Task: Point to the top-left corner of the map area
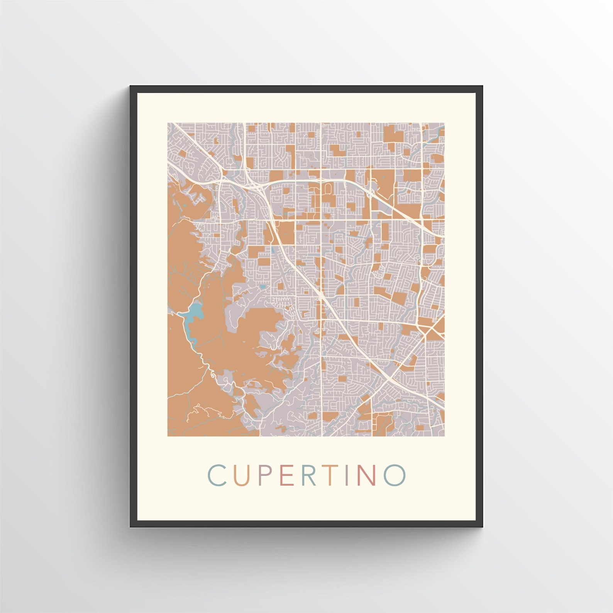tap(168, 123)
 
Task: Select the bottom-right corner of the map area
tap(444, 436)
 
